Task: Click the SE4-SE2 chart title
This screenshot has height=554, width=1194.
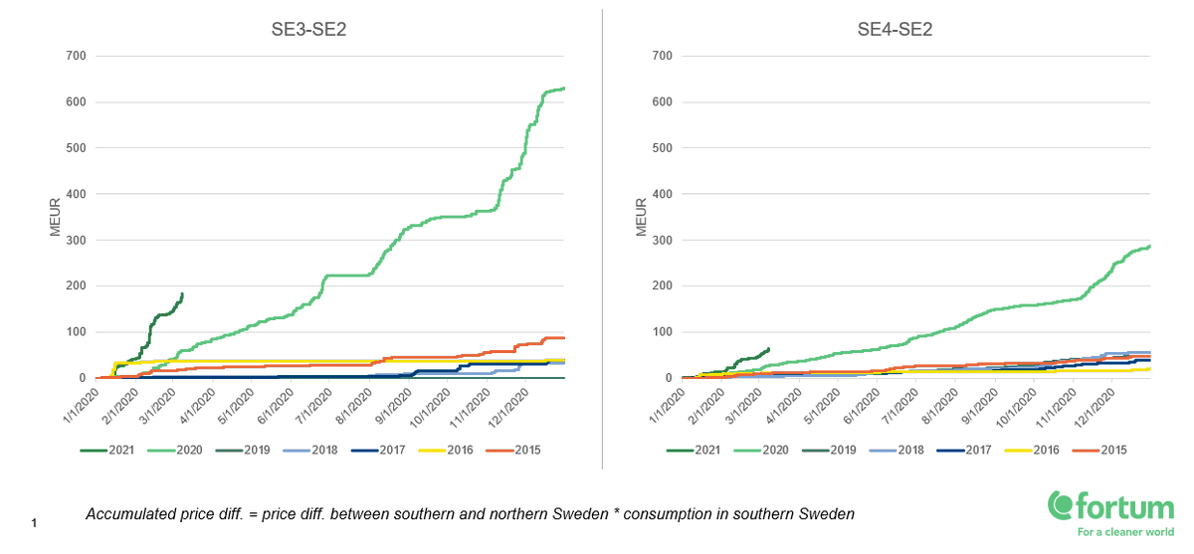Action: [x=895, y=29]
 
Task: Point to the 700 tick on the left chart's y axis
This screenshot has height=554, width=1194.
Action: [x=75, y=56]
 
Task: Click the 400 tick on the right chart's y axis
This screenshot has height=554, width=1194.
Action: [x=661, y=194]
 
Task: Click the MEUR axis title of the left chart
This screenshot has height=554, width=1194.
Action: [x=56, y=217]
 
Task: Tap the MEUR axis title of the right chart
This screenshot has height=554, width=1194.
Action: [x=642, y=217]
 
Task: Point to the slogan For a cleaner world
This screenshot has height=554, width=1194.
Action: [x=1124, y=532]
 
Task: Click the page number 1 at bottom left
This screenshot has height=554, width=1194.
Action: [x=34, y=522]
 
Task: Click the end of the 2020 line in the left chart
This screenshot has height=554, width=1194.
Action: [x=564, y=89]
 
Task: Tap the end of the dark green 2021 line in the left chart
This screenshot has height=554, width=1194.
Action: [x=182, y=293]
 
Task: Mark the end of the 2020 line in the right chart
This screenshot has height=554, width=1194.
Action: [x=1150, y=246]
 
